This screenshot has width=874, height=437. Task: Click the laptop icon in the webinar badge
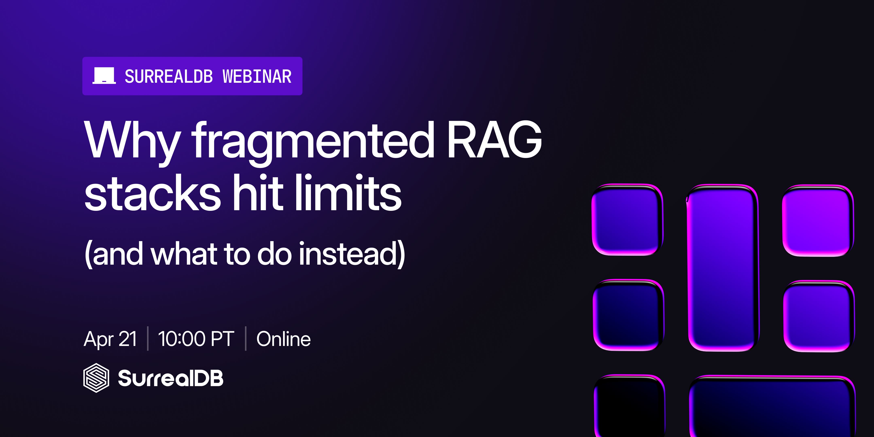pos(104,76)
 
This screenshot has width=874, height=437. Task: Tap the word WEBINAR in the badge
pos(257,76)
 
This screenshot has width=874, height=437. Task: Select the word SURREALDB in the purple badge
pos(169,76)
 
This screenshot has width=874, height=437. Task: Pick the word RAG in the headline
pos(494,140)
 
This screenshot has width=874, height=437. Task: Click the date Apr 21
pos(110,339)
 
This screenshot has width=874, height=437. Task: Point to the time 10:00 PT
pos(196,339)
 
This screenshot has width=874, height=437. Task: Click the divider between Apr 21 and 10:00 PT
pos(148,338)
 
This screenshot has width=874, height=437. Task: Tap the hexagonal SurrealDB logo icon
pos(96,378)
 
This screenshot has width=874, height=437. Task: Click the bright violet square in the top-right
pos(818,221)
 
